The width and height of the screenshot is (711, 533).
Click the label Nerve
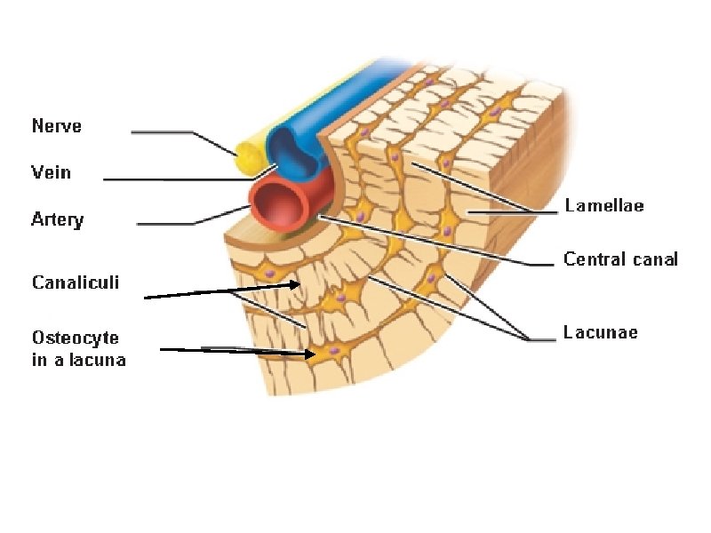click(57, 126)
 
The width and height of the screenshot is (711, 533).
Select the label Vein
click(52, 172)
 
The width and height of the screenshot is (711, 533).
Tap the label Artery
click(58, 219)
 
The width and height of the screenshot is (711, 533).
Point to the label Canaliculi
click(76, 282)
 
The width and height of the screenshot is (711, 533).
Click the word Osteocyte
click(76, 338)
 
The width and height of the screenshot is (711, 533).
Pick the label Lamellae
click(604, 206)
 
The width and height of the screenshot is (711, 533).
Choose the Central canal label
click(620, 259)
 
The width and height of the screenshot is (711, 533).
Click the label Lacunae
click(601, 333)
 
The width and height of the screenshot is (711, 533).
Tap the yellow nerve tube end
click(250, 160)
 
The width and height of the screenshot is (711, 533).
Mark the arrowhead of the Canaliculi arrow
click(297, 285)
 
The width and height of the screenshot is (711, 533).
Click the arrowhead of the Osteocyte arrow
click(310, 354)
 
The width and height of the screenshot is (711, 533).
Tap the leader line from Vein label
click(178, 179)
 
